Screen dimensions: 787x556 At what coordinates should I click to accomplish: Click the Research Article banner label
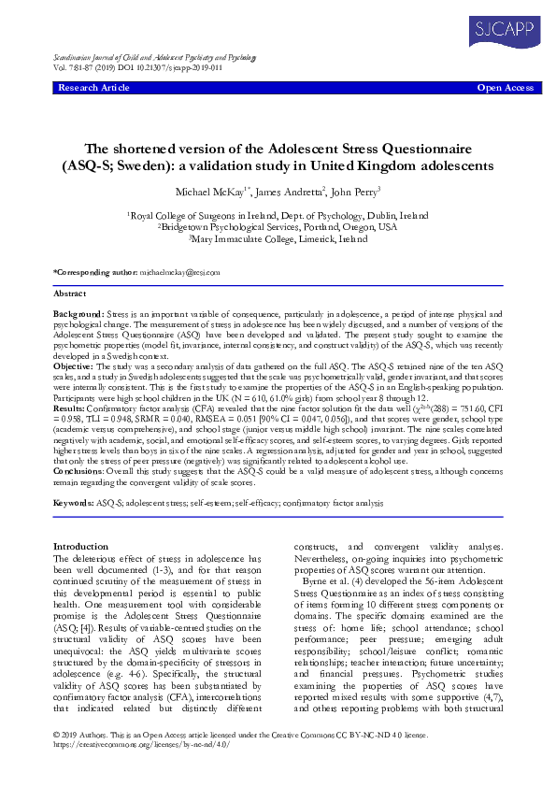94,88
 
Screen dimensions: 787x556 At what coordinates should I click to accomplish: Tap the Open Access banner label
506,88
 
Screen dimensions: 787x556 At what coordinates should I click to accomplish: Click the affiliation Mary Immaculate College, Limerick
279,239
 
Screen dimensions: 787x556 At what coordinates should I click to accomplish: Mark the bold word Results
70,408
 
